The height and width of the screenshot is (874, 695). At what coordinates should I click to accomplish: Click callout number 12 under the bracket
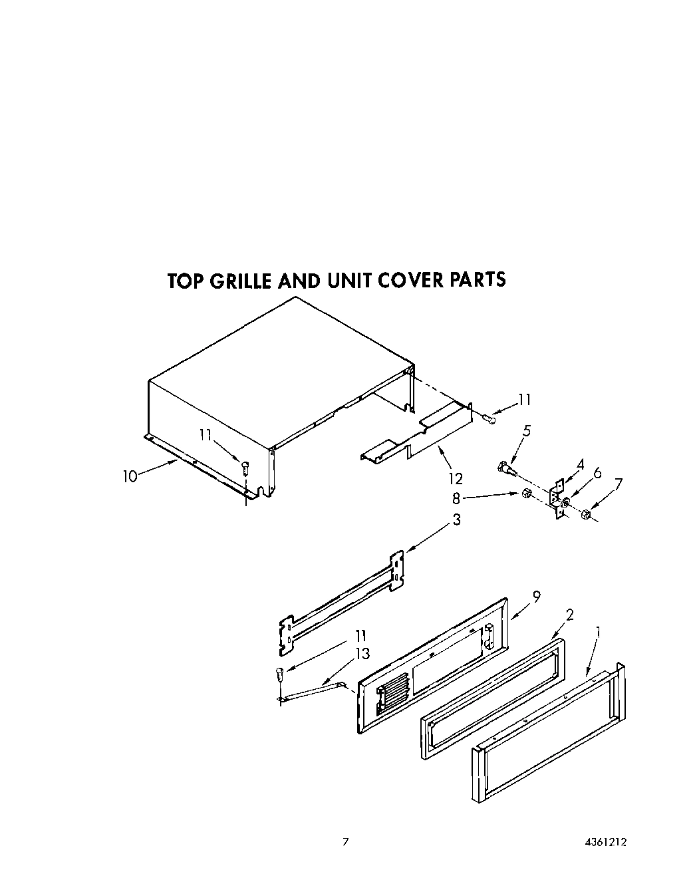[x=456, y=478]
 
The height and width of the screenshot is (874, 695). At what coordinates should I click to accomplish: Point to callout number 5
[x=527, y=430]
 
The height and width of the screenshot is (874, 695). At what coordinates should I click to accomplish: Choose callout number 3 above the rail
[x=456, y=519]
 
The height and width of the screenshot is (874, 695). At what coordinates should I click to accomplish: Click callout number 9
[x=537, y=597]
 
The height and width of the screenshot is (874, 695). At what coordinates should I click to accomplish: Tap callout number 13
[x=362, y=655]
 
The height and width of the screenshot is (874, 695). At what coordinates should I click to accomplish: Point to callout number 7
[x=620, y=484]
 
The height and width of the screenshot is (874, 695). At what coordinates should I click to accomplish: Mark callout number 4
[x=580, y=465]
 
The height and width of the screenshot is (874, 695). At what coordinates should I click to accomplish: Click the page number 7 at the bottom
[x=345, y=841]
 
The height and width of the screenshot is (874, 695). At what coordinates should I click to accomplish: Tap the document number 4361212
[x=606, y=841]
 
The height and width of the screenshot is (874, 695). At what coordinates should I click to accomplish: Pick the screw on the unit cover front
[x=245, y=467]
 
